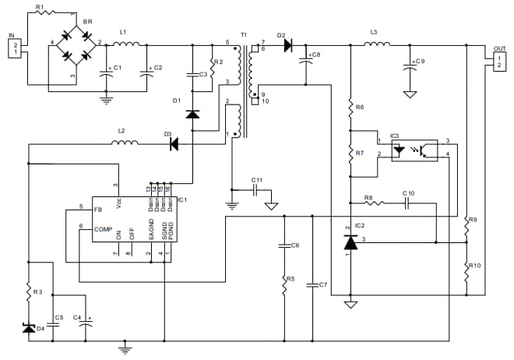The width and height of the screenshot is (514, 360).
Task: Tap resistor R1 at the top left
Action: (43, 12)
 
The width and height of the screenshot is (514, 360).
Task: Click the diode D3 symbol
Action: (174, 143)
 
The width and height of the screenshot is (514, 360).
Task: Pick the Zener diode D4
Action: (29, 329)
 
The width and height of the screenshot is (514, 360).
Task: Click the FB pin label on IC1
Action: (98, 210)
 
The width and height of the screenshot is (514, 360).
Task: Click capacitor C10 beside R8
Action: (408, 202)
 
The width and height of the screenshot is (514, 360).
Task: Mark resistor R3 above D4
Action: (29, 291)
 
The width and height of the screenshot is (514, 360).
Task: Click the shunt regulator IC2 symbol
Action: (350, 243)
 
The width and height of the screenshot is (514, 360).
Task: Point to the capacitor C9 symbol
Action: (409, 68)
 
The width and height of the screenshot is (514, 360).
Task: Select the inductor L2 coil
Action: (125, 143)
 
